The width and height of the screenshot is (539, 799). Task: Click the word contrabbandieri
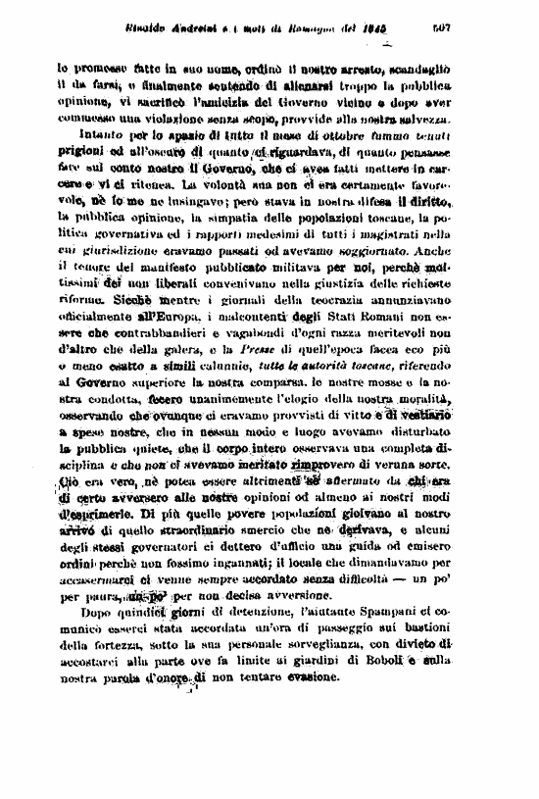pyautogui.click(x=140, y=364)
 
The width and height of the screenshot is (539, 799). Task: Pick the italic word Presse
pyautogui.click(x=266, y=379)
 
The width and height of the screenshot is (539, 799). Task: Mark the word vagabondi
pyautogui.click(x=241, y=364)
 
